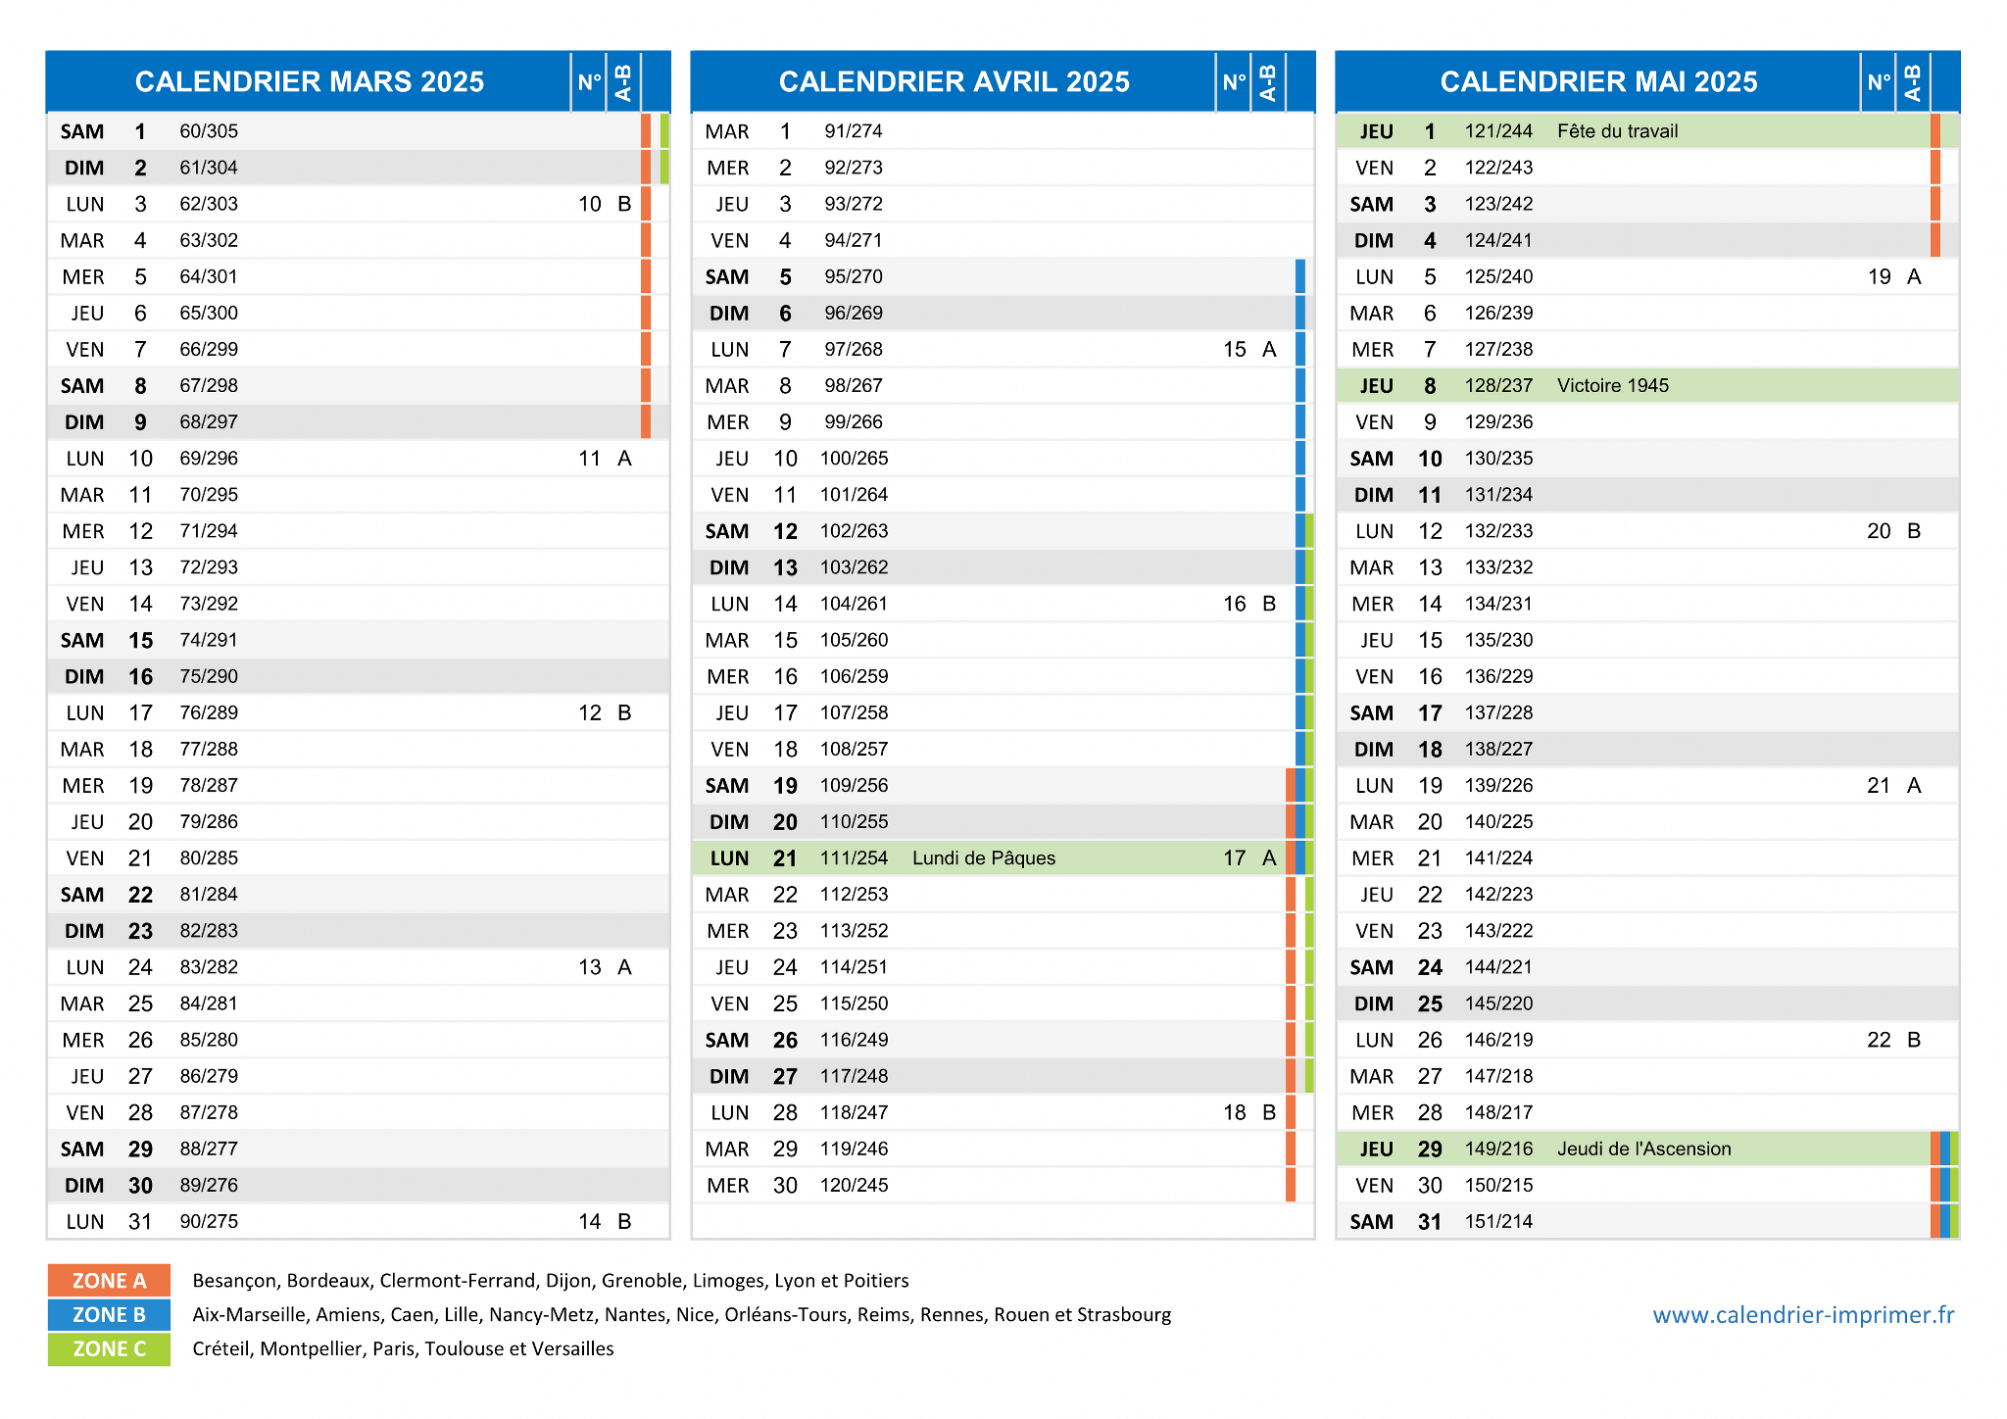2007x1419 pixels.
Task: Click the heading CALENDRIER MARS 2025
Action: point(310,81)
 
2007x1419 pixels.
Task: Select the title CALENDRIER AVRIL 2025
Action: point(955,81)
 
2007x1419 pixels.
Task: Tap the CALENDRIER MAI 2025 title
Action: point(1599,81)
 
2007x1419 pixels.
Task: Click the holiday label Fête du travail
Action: point(1617,131)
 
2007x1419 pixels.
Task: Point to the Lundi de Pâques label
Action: point(984,858)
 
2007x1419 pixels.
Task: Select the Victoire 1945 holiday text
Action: point(1613,386)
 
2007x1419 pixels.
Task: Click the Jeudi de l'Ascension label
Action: point(1644,1149)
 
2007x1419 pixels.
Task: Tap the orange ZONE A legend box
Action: point(109,1281)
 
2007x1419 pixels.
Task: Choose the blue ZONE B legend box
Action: point(109,1315)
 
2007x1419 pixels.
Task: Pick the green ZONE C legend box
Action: point(109,1349)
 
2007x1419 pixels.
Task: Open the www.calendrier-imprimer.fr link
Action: point(1803,1315)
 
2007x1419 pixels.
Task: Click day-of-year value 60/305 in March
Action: point(209,131)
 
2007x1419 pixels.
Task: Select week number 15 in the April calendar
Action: point(1235,350)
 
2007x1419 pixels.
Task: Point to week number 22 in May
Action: point(1879,1040)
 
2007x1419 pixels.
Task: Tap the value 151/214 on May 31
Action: point(1498,1221)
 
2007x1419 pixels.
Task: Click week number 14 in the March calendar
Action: point(590,1221)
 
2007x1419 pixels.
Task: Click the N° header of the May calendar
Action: point(1879,82)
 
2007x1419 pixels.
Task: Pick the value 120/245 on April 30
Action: point(855,1185)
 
